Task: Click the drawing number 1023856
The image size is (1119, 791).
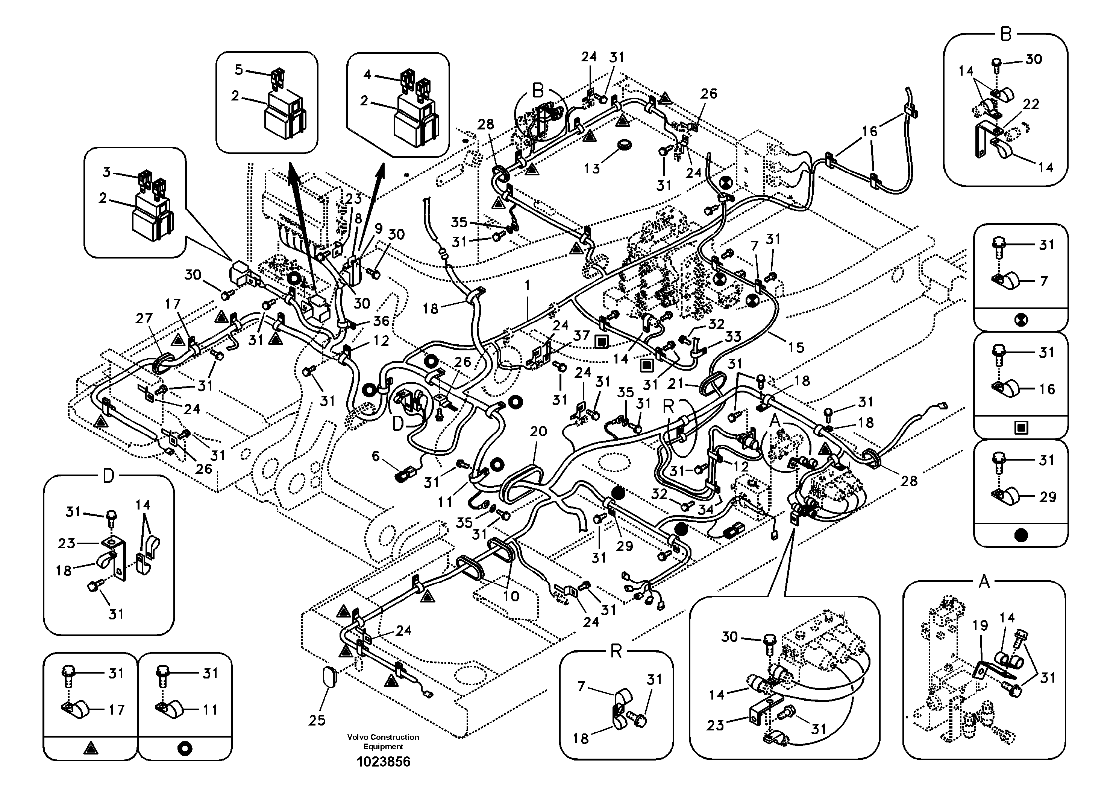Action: click(383, 761)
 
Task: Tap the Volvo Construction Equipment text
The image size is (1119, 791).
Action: click(383, 741)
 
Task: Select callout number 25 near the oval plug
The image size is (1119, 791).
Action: click(317, 720)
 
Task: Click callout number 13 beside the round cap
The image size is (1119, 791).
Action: click(592, 168)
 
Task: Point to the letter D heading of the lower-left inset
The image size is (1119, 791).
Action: click(108, 476)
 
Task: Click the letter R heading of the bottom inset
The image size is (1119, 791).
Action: click(616, 651)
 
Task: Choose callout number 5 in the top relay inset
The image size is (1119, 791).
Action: click(239, 70)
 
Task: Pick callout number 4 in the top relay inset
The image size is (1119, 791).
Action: click(367, 75)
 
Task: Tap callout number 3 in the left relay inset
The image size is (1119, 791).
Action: click(107, 172)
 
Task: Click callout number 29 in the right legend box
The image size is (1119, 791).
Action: click(1047, 497)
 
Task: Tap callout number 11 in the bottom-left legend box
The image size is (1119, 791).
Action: click(210, 710)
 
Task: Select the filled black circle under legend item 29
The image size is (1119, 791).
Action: click(1020, 535)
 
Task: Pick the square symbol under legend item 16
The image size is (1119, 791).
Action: click(1020, 428)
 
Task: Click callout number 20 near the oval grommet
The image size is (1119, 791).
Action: click(538, 431)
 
